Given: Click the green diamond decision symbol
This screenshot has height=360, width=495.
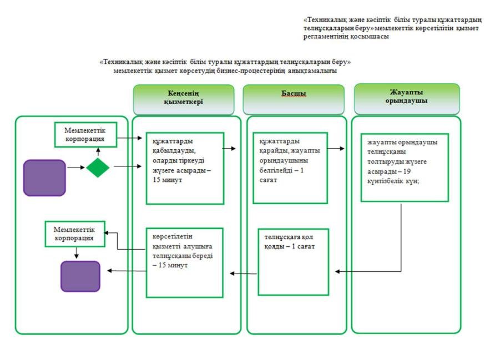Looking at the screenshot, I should click(98, 168).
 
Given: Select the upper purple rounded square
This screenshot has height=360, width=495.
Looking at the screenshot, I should click(44, 178).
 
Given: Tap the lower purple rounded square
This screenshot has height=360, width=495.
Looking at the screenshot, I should click(80, 276).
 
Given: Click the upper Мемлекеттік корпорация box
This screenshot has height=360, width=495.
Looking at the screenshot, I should click(82, 135).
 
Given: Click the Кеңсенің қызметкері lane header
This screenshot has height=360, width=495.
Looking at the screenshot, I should click(183, 99).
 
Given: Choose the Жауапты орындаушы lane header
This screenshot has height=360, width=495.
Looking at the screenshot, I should click(407, 98).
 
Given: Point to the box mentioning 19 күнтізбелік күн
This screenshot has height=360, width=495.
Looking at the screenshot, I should click(404, 167).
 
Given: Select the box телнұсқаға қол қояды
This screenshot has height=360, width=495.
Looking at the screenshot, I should click(293, 261).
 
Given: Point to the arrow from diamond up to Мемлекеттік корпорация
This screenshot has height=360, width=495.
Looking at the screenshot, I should click(98, 151).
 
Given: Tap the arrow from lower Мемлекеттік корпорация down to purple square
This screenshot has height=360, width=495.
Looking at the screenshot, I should click(77, 253).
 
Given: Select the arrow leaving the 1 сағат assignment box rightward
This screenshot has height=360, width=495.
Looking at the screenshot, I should click(335, 149).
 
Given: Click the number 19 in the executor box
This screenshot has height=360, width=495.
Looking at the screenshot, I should click(423, 172).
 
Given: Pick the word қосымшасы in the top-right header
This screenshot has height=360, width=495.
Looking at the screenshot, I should click(370, 36).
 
